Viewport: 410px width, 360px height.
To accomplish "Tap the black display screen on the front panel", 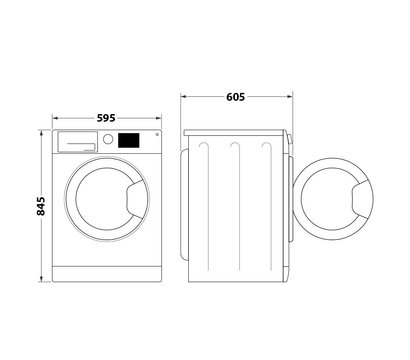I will pos(128,141).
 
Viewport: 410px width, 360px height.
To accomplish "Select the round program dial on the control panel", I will pos(107,142).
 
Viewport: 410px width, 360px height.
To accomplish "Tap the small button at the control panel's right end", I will pos(157,136).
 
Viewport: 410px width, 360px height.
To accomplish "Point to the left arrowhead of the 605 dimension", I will pos(184,96).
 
